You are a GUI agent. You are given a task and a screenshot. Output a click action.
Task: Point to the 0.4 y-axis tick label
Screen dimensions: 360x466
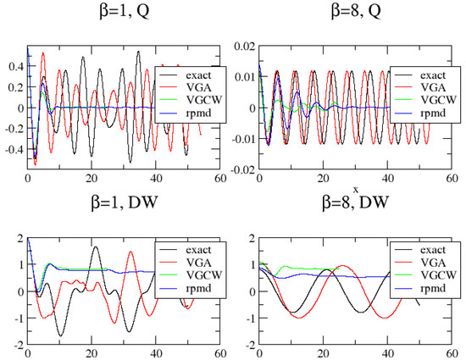coord(15,66)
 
